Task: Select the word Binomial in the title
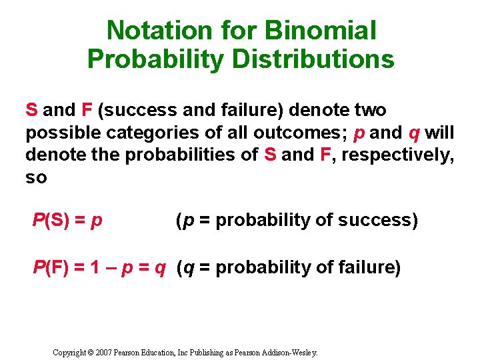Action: click(x=320, y=30)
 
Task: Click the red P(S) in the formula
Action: click(x=52, y=220)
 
